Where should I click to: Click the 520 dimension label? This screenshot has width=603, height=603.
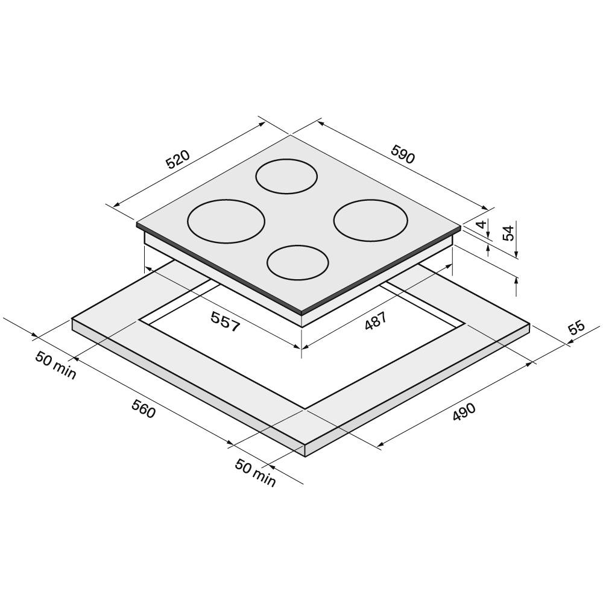[178, 160]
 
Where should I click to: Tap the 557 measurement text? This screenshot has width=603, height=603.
[226, 321]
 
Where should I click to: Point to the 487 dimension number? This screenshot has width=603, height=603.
[375, 321]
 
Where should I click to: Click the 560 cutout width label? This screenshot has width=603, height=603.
[144, 409]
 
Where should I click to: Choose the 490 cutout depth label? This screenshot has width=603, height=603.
[464, 412]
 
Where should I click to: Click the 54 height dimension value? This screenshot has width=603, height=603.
[508, 233]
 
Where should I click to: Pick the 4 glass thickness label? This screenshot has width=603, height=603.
[481, 224]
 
